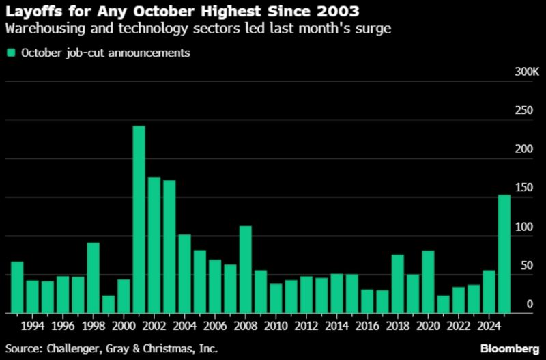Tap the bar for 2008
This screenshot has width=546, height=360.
245,270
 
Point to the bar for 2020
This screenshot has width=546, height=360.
428,282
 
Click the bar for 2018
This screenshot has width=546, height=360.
397,284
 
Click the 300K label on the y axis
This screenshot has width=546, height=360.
526,72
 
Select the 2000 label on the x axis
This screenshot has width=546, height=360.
124,325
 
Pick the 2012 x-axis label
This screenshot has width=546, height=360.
306,325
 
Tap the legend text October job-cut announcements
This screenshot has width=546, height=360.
105,53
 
